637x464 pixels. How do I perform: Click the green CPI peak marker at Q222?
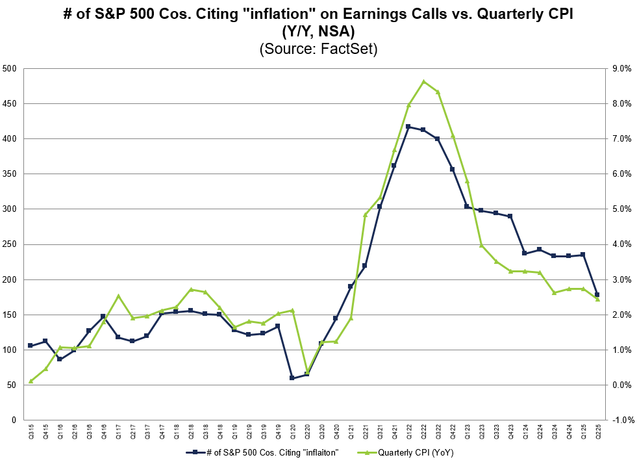click(x=423, y=82)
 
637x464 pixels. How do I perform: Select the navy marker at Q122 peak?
click(x=408, y=127)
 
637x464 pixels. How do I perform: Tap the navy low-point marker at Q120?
click(x=292, y=378)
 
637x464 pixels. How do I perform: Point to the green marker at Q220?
click(x=306, y=372)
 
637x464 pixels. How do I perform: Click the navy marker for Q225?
click(x=597, y=294)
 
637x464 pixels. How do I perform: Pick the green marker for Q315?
click(x=31, y=381)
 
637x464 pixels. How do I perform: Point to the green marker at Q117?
click(x=118, y=296)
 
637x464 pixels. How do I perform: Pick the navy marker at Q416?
click(x=103, y=316)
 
